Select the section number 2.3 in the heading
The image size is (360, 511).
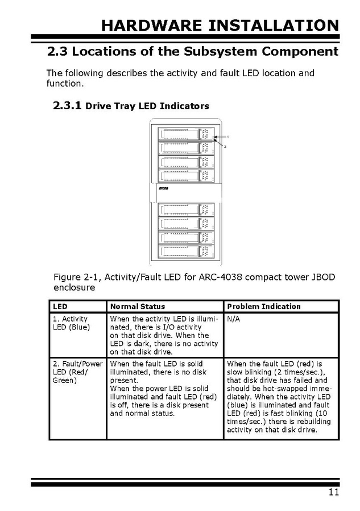pyautogui.click(x=57, y=52)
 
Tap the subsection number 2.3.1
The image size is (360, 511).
pyautogui.click(x=67, y=106)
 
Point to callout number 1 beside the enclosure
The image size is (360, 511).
pyautogui.click(x=227, y=137)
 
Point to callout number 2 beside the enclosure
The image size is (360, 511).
pyautogui.click(x=225, y=146)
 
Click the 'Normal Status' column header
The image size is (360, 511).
pyautogui.click(x=138, y=307)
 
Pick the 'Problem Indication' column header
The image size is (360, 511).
pyautogui.click(x=263, y=307)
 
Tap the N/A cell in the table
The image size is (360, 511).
pyautogui.click(x=233, y=319)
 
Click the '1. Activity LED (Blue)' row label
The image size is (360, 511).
pyautogui.click(x=71, y=323)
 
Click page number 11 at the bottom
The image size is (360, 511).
pyautogui.click(x=333, y=493)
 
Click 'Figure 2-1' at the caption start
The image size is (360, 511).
pyautogui.click(x=76, y=277)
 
